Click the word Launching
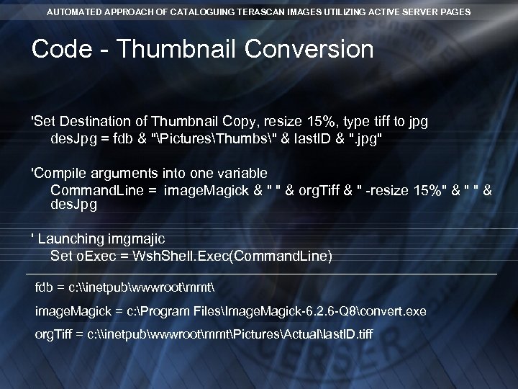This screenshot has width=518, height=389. pyautogui.click(x=71, y=238)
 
